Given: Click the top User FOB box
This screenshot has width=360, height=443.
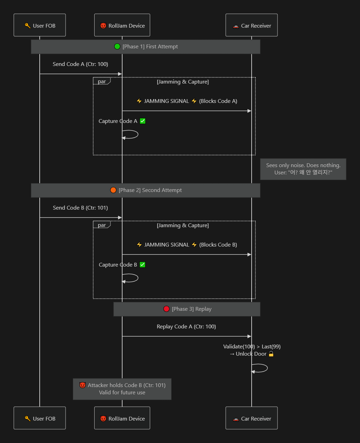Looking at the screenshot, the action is point(40,25).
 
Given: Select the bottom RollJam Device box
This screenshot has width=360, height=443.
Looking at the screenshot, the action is point(122,418).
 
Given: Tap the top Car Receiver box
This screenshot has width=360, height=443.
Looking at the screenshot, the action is point(252,25).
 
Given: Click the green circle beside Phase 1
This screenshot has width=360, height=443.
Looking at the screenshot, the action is point(117,46).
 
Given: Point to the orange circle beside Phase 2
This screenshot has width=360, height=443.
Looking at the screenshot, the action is point(113,190).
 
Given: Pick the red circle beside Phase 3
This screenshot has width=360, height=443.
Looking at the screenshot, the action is point(166,309).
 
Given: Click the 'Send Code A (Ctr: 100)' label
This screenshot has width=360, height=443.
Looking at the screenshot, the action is point(80,64).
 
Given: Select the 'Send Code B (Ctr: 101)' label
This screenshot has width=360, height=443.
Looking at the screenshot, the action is point(80,208).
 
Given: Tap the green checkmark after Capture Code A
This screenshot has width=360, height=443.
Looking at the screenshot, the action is point(143,121).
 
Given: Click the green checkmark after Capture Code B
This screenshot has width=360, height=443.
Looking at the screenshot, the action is point(143,265).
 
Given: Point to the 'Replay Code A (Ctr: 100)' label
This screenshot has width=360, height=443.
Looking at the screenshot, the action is point(186,327).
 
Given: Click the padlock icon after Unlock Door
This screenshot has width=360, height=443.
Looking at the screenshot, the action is point(271,354).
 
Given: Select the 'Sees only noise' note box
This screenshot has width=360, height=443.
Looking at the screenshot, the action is point(303,169).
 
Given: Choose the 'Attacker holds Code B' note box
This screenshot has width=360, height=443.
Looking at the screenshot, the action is point(122,389).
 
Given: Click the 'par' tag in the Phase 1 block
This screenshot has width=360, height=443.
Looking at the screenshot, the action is point(102,81).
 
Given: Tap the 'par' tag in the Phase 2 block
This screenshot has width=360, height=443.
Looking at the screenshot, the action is point(102,225).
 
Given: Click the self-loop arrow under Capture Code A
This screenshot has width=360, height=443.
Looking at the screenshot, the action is point(138,134).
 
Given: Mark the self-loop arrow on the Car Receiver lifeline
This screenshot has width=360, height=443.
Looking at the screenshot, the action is point(267,368).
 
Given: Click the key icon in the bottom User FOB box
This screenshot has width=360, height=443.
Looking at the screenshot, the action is point(28,418).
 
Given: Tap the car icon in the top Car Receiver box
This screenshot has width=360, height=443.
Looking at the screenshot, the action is point(236,26).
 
